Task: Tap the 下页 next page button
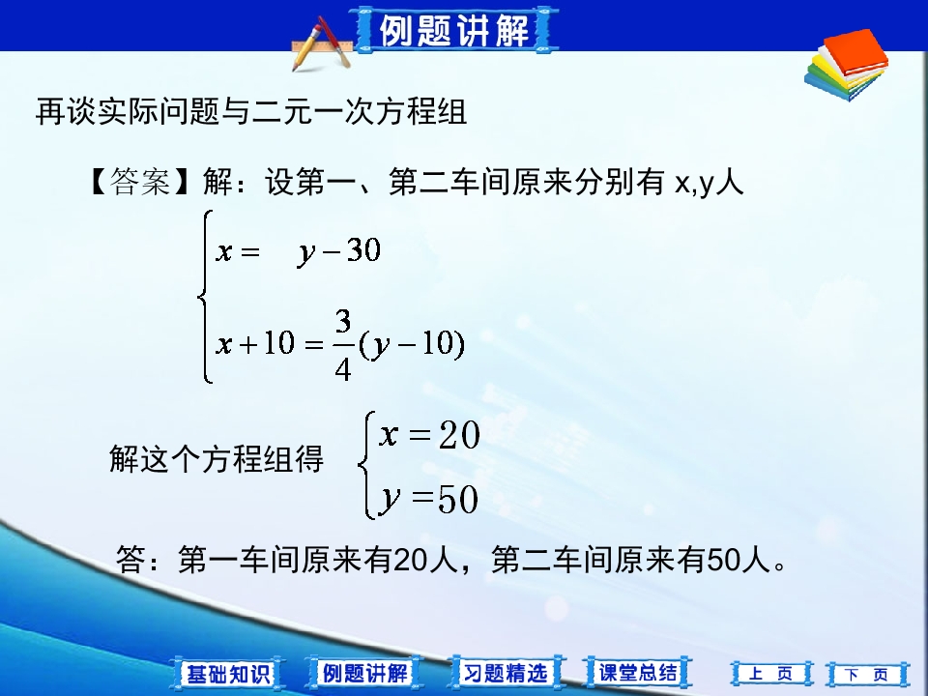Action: click(866, 674)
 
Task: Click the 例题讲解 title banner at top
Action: click(454, 31)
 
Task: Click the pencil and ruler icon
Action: click(321, 45)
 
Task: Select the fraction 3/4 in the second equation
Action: click(343, 345)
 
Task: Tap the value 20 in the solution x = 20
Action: click(458, 437)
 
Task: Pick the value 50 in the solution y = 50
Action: click(458, 500)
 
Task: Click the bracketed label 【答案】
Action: click(141, 182)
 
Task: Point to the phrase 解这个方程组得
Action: click(217, 459)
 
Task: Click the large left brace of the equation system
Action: click(204, 296)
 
